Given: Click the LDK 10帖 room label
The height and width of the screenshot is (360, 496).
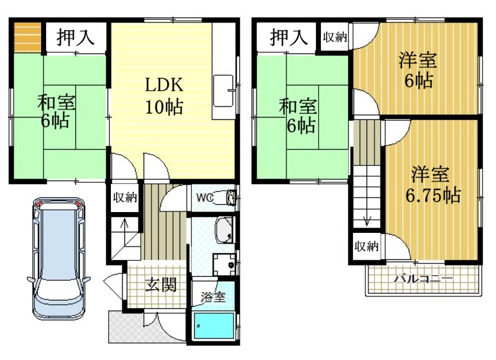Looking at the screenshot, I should click(164, 95).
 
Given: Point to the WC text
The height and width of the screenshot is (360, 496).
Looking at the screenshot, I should click(204, 197).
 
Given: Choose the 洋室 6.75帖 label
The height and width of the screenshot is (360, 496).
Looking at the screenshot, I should click(432, 185).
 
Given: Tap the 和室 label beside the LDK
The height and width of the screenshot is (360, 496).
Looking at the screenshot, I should click(57, 111).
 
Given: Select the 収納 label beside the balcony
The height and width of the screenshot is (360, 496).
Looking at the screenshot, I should click(367, 246).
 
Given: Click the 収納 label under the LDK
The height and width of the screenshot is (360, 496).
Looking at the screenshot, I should click(124, 198).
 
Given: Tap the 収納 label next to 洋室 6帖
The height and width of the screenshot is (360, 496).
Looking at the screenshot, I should click(335, 38).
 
